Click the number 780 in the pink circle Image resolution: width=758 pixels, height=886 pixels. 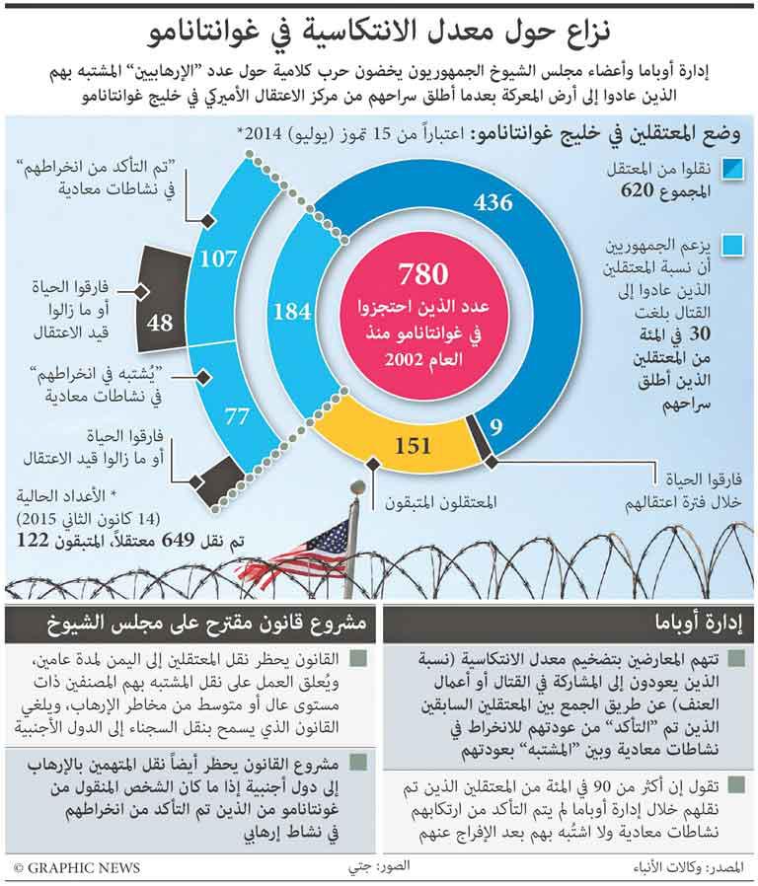tap(423, 275)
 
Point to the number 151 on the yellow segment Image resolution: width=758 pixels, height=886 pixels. tap(412, 445)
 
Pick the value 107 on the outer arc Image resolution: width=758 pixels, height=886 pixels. tap(219, 259)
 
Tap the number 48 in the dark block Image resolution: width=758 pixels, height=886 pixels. tap(159, 322)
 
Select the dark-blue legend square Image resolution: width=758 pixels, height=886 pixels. tap(732, 170)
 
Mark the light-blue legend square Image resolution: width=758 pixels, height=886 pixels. tap(732, 243)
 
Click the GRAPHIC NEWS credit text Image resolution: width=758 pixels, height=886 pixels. tap(77, 868)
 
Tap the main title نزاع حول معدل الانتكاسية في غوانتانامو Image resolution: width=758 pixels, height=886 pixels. tap(379, 33)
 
